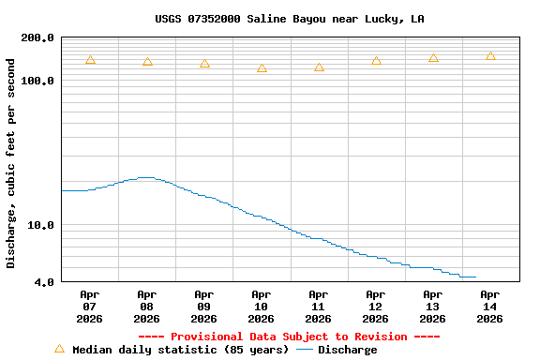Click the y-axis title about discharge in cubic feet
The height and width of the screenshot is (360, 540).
[11, 163]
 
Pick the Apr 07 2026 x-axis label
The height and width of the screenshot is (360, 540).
[89, 307]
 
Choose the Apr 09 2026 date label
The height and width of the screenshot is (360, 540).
[203, 307]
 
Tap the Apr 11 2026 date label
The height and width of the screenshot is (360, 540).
[318, 307]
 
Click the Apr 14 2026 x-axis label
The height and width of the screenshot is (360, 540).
[489, 307]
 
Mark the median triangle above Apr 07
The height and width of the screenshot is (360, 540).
[90, 60]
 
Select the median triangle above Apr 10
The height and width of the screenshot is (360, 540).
[262, 68]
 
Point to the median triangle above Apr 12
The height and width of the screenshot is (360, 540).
[376, 61]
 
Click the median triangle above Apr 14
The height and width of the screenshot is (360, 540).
[490, 56]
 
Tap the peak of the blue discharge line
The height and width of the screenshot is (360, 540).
[146, 177]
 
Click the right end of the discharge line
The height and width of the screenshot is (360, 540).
[475, 277]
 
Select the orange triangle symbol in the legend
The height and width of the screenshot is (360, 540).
[59, 349]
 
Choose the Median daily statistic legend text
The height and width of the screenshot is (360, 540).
[180, 350]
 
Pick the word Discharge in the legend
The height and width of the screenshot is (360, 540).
[347, 350]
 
